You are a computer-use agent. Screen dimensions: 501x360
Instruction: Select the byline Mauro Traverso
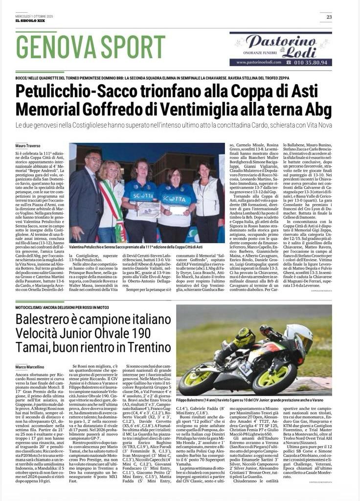[28, 146]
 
